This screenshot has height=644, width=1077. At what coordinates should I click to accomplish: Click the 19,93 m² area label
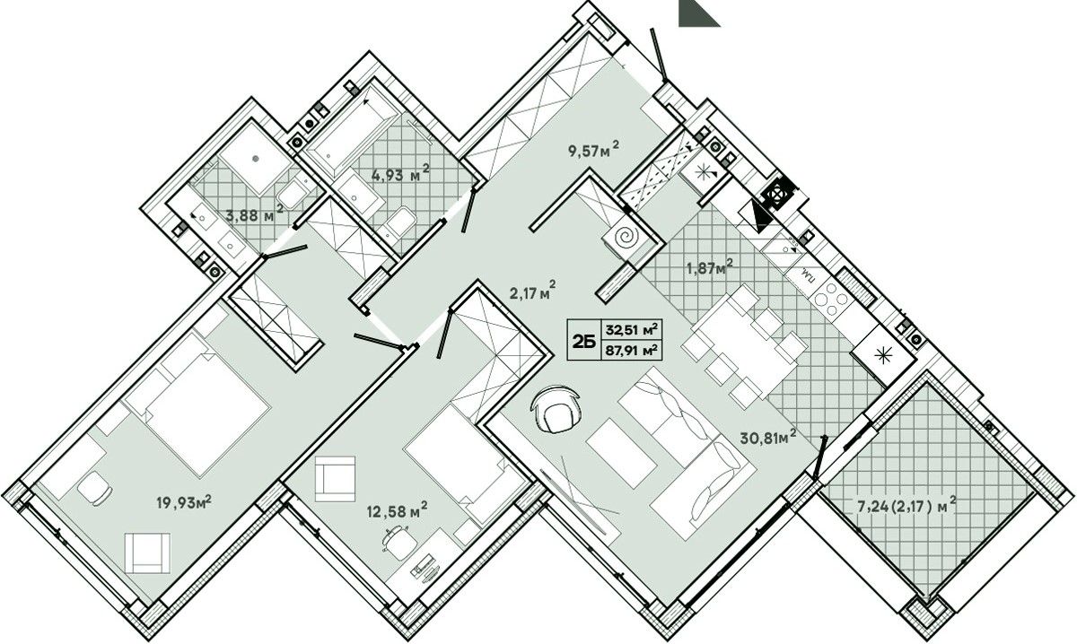pos(184,502)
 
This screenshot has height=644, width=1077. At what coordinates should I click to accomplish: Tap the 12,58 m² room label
pos(397,509)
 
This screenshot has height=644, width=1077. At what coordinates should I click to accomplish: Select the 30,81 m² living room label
pos(768,437)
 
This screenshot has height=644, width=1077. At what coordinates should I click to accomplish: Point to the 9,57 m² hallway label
pos(594,150)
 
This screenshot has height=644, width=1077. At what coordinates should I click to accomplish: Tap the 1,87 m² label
pos(710,267)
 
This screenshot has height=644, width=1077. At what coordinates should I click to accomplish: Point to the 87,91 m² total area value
pos(631,350)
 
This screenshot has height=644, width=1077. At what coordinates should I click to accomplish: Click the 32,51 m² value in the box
pos(631,329)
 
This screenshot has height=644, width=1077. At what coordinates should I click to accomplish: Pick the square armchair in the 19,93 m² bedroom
pos(147,553)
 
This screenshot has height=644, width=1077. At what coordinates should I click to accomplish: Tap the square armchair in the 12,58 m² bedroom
pos(335,479)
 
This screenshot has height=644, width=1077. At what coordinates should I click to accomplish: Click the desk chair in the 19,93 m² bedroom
pos(95,488)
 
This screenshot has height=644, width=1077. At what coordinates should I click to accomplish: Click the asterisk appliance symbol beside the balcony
pos(881,355)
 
